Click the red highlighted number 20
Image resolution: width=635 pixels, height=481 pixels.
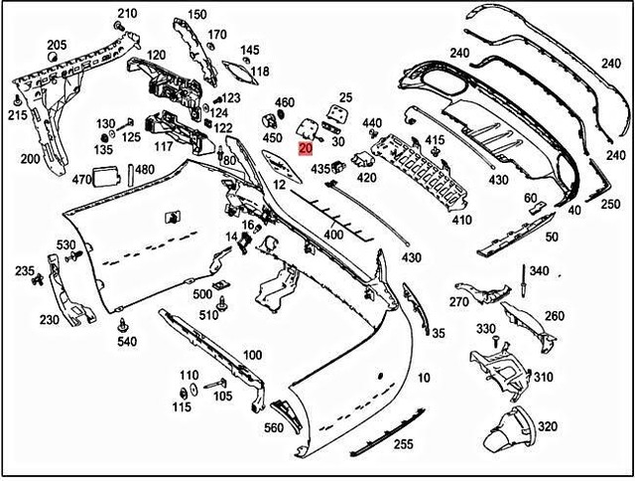[306, 148]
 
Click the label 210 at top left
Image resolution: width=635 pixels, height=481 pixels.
[126, 14]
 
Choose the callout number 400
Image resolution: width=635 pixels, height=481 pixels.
[334, 235]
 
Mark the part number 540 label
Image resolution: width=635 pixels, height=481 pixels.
[126, 343]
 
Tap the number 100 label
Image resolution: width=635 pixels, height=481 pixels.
[252, 355]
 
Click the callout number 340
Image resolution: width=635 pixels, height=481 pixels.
[539, 270]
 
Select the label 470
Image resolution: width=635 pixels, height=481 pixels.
[81, 180]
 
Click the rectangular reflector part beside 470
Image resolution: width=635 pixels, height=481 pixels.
[107, 177]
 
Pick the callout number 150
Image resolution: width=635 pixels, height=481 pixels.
[197, 14]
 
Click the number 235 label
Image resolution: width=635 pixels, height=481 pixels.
[23, 270]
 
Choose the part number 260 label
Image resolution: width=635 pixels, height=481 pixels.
[554, 316]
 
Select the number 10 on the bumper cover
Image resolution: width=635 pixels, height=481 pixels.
[424, 378]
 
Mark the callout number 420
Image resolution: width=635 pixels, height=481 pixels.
[366, 179]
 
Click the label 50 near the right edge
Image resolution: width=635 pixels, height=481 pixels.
[552, 237]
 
